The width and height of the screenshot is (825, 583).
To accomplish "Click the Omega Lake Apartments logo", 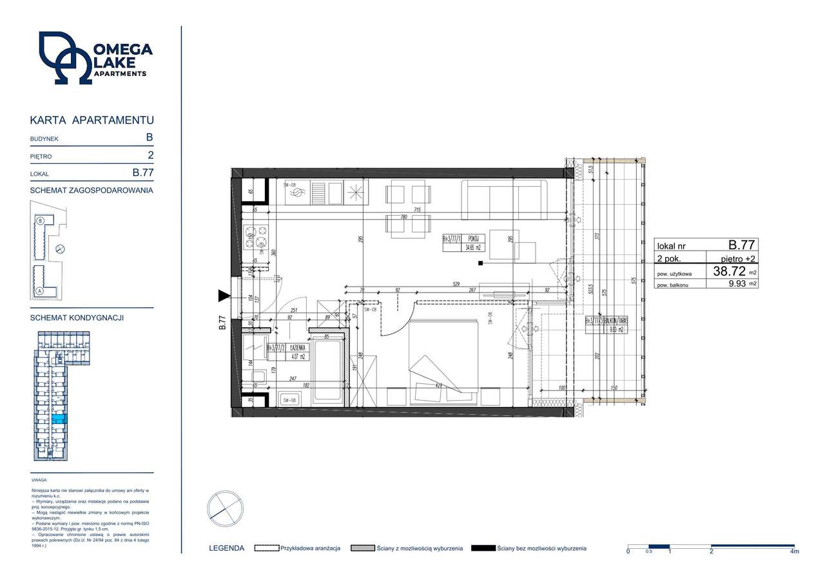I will [95, 59].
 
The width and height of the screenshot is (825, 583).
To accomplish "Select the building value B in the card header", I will [150, 137].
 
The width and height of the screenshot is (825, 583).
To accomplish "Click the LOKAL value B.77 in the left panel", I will [142, 173].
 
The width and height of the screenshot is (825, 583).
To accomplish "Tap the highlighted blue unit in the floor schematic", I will [58, 419].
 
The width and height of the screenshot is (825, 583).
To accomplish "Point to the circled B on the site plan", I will [41, 220].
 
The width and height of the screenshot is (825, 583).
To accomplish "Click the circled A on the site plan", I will [40, 291].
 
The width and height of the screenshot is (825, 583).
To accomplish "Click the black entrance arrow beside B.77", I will [224, 296].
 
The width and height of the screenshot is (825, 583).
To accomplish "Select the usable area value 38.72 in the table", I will [730, 272].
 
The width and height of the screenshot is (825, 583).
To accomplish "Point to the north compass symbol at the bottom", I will [225, 509].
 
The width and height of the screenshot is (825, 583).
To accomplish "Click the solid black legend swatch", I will [483, 548].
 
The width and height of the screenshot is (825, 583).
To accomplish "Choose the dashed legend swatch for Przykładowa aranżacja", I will [266, 548].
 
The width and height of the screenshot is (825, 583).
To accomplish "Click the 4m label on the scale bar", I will [794, 552].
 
